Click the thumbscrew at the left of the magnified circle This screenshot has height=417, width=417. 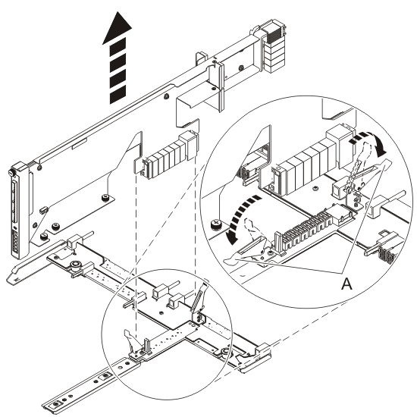216,225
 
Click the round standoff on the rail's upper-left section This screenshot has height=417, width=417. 77,265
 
